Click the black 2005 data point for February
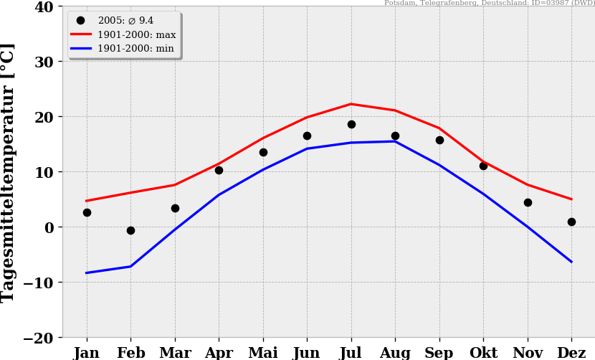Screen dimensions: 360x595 130,230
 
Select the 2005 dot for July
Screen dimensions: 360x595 351,124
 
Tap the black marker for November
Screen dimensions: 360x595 528,202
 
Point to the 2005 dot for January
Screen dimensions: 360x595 87,212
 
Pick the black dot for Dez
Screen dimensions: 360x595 571,222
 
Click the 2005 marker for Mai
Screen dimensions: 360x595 263,152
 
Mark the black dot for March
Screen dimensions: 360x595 175,208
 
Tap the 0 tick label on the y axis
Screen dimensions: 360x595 48,227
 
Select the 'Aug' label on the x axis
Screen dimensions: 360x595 395,353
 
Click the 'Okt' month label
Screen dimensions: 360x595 483,353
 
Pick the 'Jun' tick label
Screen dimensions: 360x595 307,353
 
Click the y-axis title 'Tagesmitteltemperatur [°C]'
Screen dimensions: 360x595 8,172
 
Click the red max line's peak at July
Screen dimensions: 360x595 351,104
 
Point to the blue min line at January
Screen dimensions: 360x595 87,273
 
